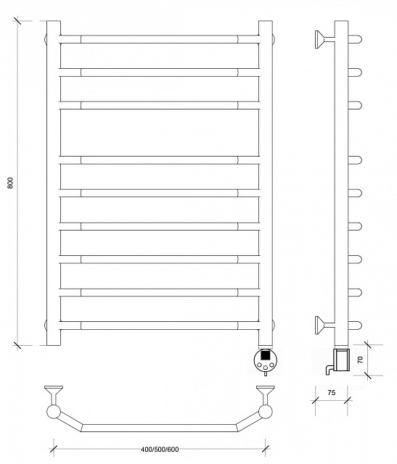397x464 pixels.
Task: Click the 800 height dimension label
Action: point(10,183)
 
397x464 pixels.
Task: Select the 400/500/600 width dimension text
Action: point(160,449)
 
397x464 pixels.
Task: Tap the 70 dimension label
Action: point(360,360)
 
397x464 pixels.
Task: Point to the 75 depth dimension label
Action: point(332,393)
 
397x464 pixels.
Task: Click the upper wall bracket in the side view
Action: point(324,39)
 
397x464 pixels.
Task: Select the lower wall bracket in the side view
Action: point(324,325)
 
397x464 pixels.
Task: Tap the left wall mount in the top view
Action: point(54,394)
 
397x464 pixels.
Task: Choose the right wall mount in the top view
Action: point(265,394)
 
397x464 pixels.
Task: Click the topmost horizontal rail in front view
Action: point(160,39)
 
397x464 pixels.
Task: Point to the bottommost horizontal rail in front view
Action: point(160,326)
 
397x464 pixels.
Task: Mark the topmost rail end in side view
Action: point(355,39)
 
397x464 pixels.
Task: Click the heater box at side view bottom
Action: point(342,360)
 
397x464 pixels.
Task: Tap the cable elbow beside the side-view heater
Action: point(330,370)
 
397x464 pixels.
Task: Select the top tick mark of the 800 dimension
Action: point(17,21)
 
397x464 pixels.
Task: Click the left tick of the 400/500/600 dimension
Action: point(54,449)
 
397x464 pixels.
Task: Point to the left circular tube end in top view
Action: point(54,412)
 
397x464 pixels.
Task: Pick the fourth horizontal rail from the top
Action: point(160,160)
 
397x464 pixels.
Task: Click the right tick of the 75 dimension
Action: point(348,401)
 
